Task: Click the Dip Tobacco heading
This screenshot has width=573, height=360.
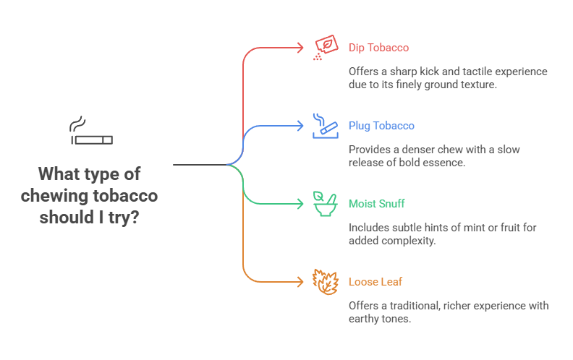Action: point(378,48)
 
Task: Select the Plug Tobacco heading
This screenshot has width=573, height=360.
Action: point(381,126)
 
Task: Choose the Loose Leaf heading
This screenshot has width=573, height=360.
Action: point(374,282)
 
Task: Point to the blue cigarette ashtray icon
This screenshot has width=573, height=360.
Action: point(325,125)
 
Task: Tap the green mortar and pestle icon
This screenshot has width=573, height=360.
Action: point(325,204)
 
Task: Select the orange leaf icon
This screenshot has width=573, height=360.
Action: point(325,281)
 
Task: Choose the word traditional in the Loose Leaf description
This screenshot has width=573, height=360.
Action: point(415,306)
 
